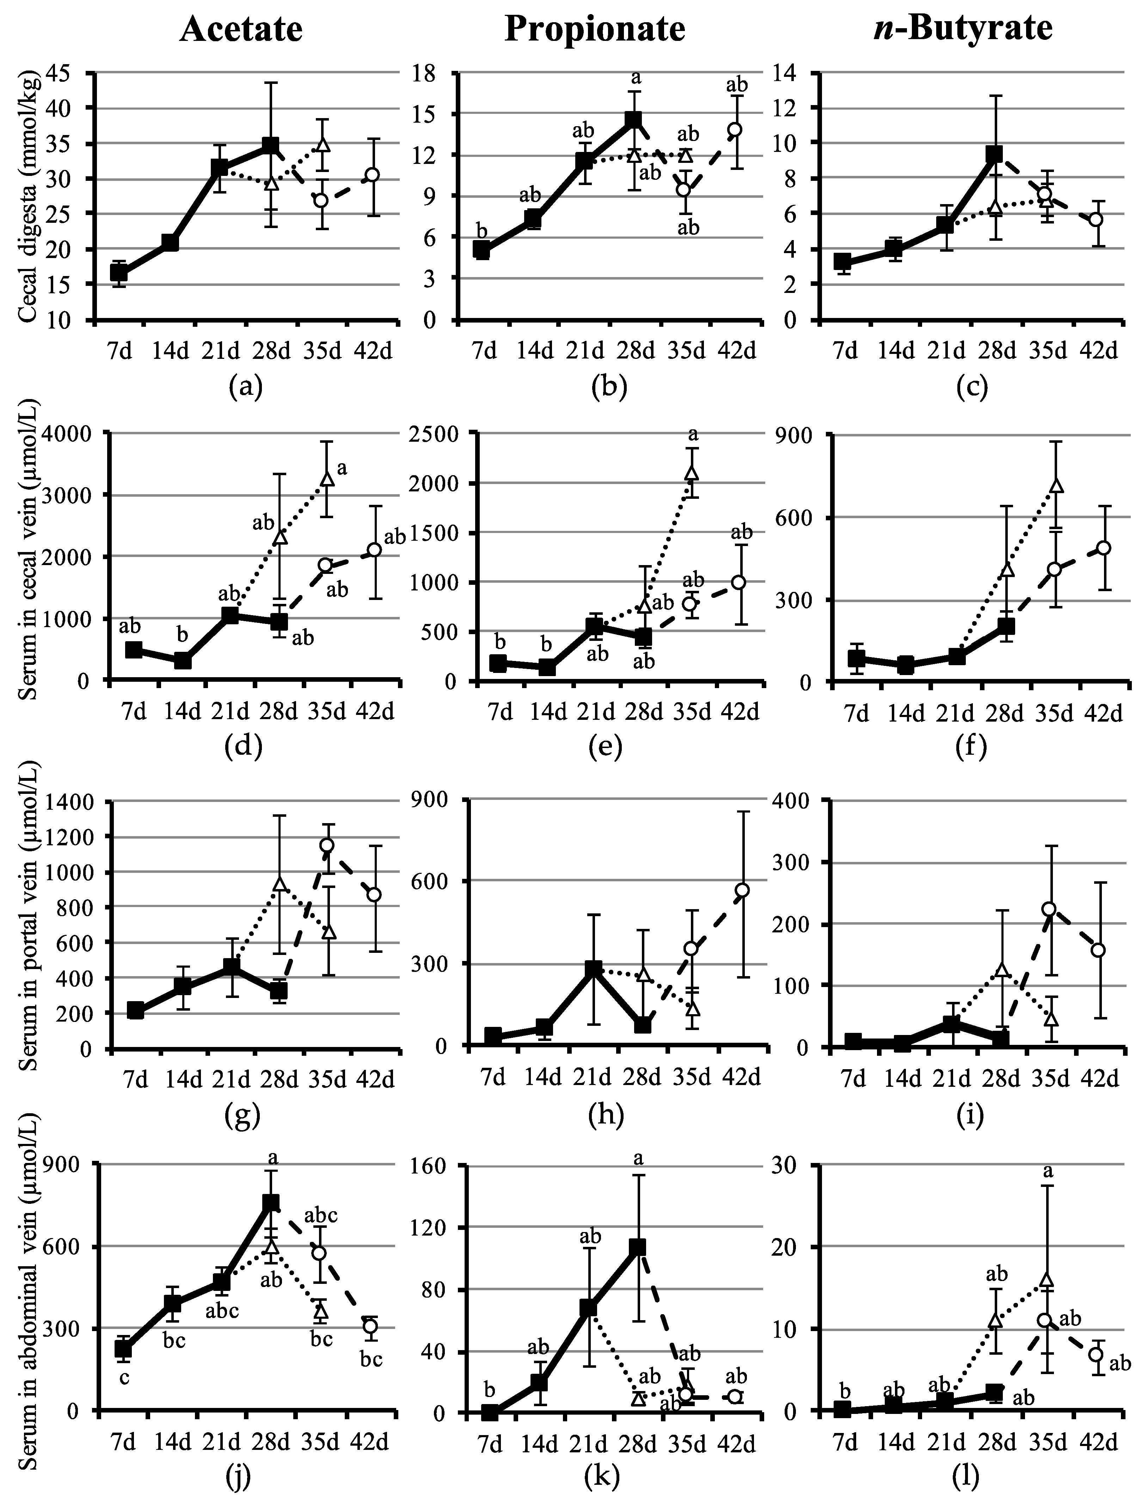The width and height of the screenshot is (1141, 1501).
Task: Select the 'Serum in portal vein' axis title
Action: [29, 924]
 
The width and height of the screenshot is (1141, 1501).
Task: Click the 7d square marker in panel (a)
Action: [119, 272]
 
